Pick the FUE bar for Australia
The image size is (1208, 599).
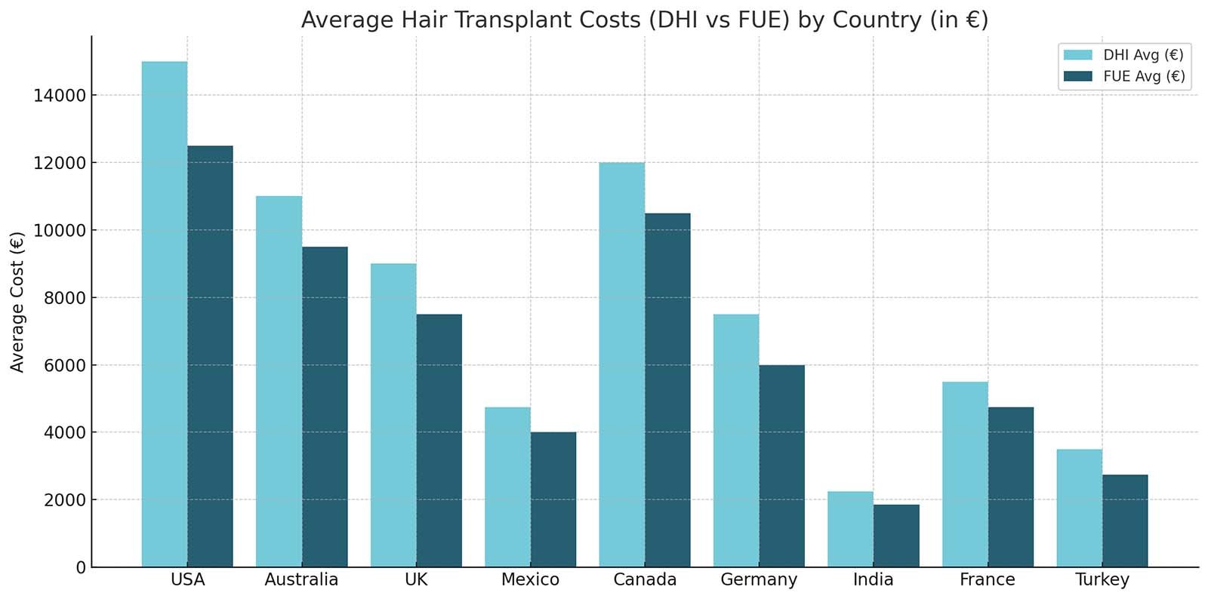pyautogui.click(x=325, y=407)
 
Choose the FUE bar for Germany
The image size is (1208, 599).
pyautogui.click(x=782, y=465)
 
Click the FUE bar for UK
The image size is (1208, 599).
pyautogui.click(x=439, y=441)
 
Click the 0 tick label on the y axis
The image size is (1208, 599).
pyautogui.click(x=81, y=567)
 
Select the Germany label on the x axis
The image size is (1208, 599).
pyautogui.click(x=759, y=580)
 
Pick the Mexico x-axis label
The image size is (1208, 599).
pyautogui.click(x=530, y=580)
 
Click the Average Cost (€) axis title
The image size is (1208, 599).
pyautogui.click(x=18, y=302)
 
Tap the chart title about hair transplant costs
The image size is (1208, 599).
pyautogui.click(x=644, y=20)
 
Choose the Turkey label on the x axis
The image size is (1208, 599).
pyautogui.click(x=1102, y=580)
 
